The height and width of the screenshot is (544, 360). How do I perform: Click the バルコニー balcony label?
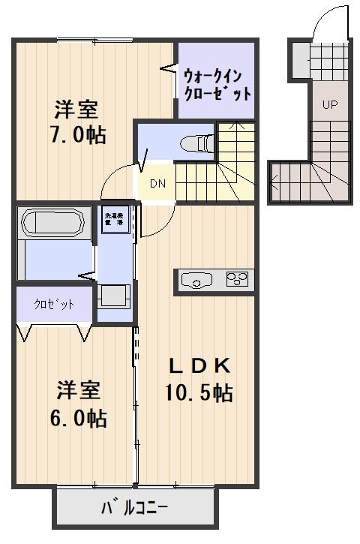(x=135, y=509)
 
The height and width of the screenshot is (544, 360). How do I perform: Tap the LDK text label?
(x=197, y=366)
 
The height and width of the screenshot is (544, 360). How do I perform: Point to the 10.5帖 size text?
(x=198, y=392)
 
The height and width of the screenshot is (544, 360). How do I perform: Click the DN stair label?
(x=157, y=183)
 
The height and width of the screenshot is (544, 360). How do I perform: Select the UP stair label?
(x=329, y=105)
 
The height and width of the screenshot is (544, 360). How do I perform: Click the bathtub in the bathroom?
(x=53, y=223)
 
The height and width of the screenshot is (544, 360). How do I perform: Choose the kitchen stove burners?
(x=238, y=281)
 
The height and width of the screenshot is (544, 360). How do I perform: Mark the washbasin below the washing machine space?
(x=115, y=296)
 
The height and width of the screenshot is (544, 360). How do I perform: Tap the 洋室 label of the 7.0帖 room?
(x=75, y=110)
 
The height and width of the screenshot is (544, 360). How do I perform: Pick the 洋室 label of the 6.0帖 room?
(x=75, y=391)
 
